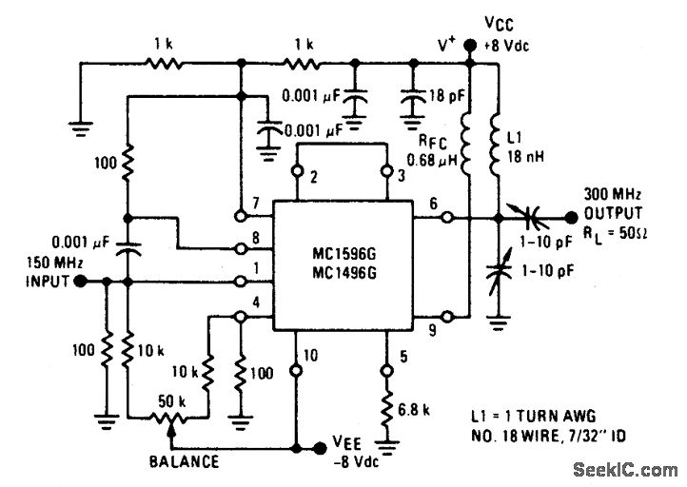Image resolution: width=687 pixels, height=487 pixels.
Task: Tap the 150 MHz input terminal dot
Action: click(x=81, y=282)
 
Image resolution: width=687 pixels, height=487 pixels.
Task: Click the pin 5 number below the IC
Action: click(x=405, y=359)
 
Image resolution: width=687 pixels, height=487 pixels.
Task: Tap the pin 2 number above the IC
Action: click(x=315, y=178)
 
